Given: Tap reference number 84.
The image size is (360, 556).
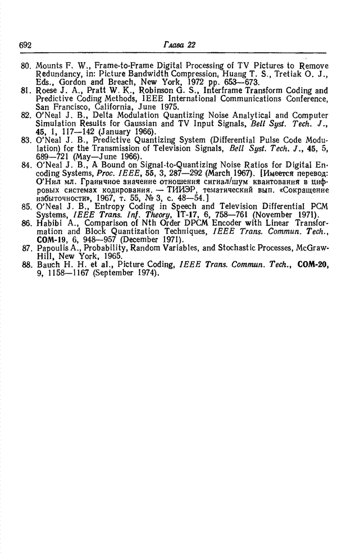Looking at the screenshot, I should (x=25, y=166).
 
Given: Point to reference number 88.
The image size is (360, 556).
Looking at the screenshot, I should (x=25, y=264).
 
